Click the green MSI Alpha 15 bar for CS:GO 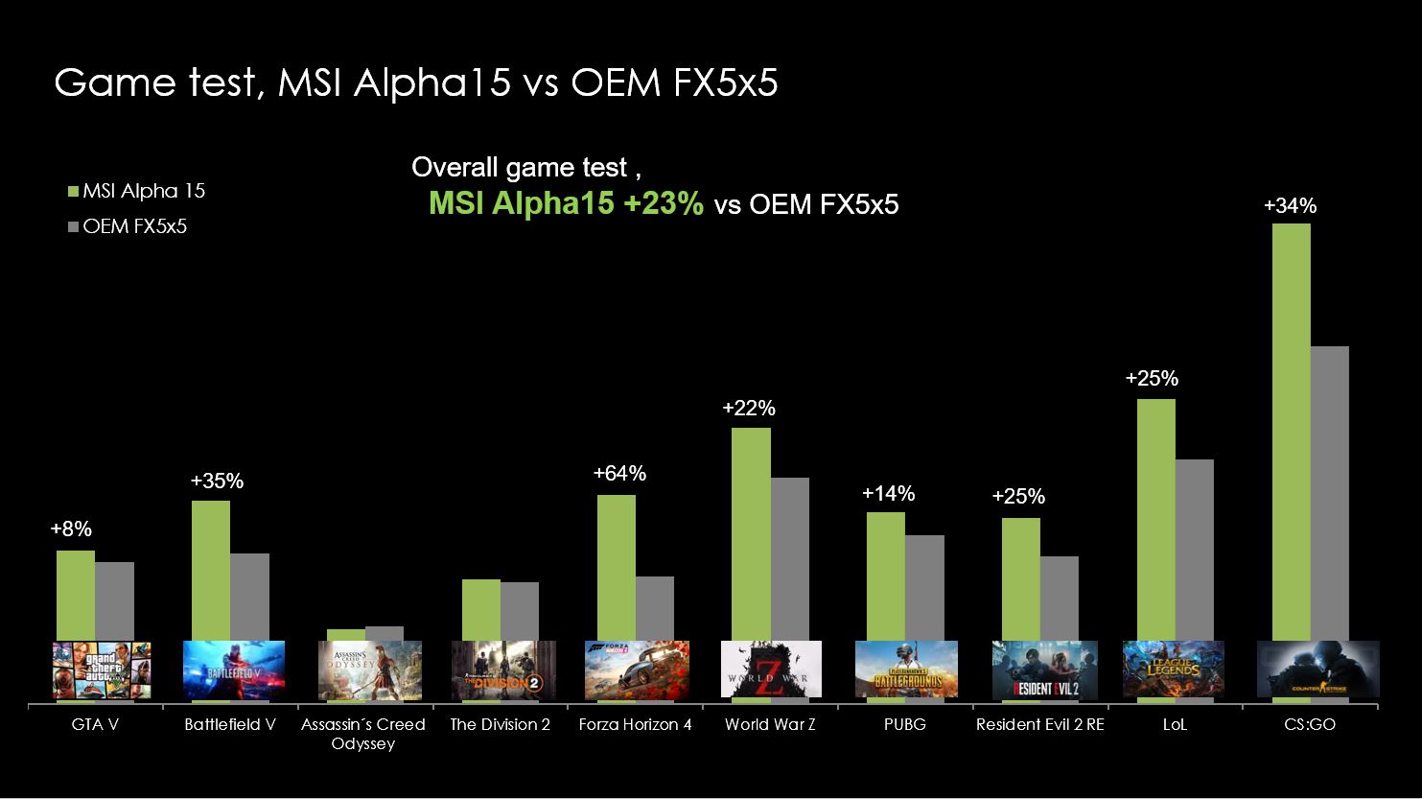(x=1291, y=432)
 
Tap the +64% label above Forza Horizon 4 (x=619, y=474)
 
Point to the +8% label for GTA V (x=71, y=529)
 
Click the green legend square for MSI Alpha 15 (x=73, y=191)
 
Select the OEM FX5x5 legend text (x=134, y=227)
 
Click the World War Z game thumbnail (x=771, y=669)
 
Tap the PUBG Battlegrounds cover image (x=905, y=669)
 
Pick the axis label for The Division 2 (x=500, y=725)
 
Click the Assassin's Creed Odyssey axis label (x=362, y=734)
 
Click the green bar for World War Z (x=751, y=533)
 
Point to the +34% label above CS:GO (x=1290, y=206)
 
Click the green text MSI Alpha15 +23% (x=566, y=204)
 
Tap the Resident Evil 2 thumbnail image (x=1040, y=669)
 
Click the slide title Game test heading (x=415, y=83)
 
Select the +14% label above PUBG (x=888, y=494)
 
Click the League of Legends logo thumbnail (x=1174, y=669)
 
